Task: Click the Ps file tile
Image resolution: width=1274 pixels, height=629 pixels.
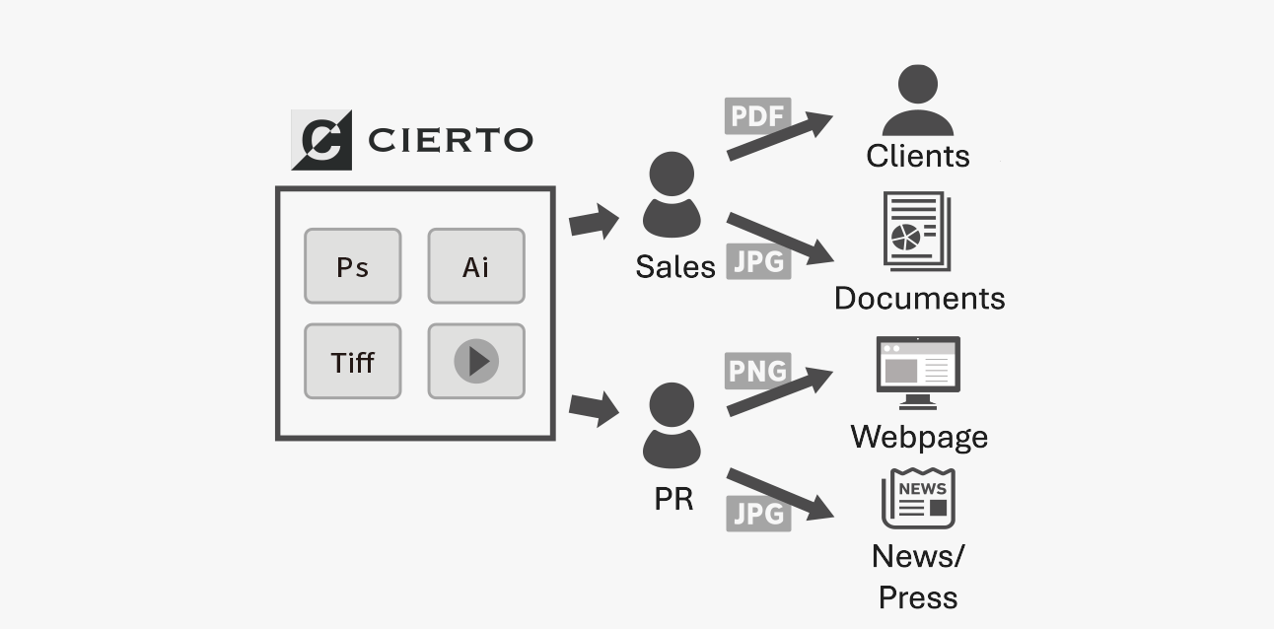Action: coord(352,266)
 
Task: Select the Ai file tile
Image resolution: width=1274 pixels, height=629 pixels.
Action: coord(475,266)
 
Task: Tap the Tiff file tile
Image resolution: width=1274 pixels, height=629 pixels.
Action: coord(352,362)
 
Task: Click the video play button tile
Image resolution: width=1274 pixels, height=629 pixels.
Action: coord(475,362)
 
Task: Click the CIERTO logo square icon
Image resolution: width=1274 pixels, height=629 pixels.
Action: coord(321,140)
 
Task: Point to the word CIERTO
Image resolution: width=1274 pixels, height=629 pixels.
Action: coord(450,140)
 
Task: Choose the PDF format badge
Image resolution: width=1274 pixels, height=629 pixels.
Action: coord(757,116)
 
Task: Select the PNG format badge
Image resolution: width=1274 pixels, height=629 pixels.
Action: coord(757,371)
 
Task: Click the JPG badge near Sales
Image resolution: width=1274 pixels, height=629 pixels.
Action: coord(758,261)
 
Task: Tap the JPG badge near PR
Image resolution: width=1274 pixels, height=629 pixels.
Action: coord(758,514)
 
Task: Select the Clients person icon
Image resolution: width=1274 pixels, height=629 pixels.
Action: coord(917,101)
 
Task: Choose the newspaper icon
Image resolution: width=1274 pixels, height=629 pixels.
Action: coord(918,499)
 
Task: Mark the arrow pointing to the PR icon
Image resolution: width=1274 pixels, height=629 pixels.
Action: coord(594,406)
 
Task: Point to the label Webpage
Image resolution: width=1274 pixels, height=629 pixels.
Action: coord(919,437)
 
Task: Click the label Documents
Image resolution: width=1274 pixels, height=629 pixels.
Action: coord(919,298)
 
